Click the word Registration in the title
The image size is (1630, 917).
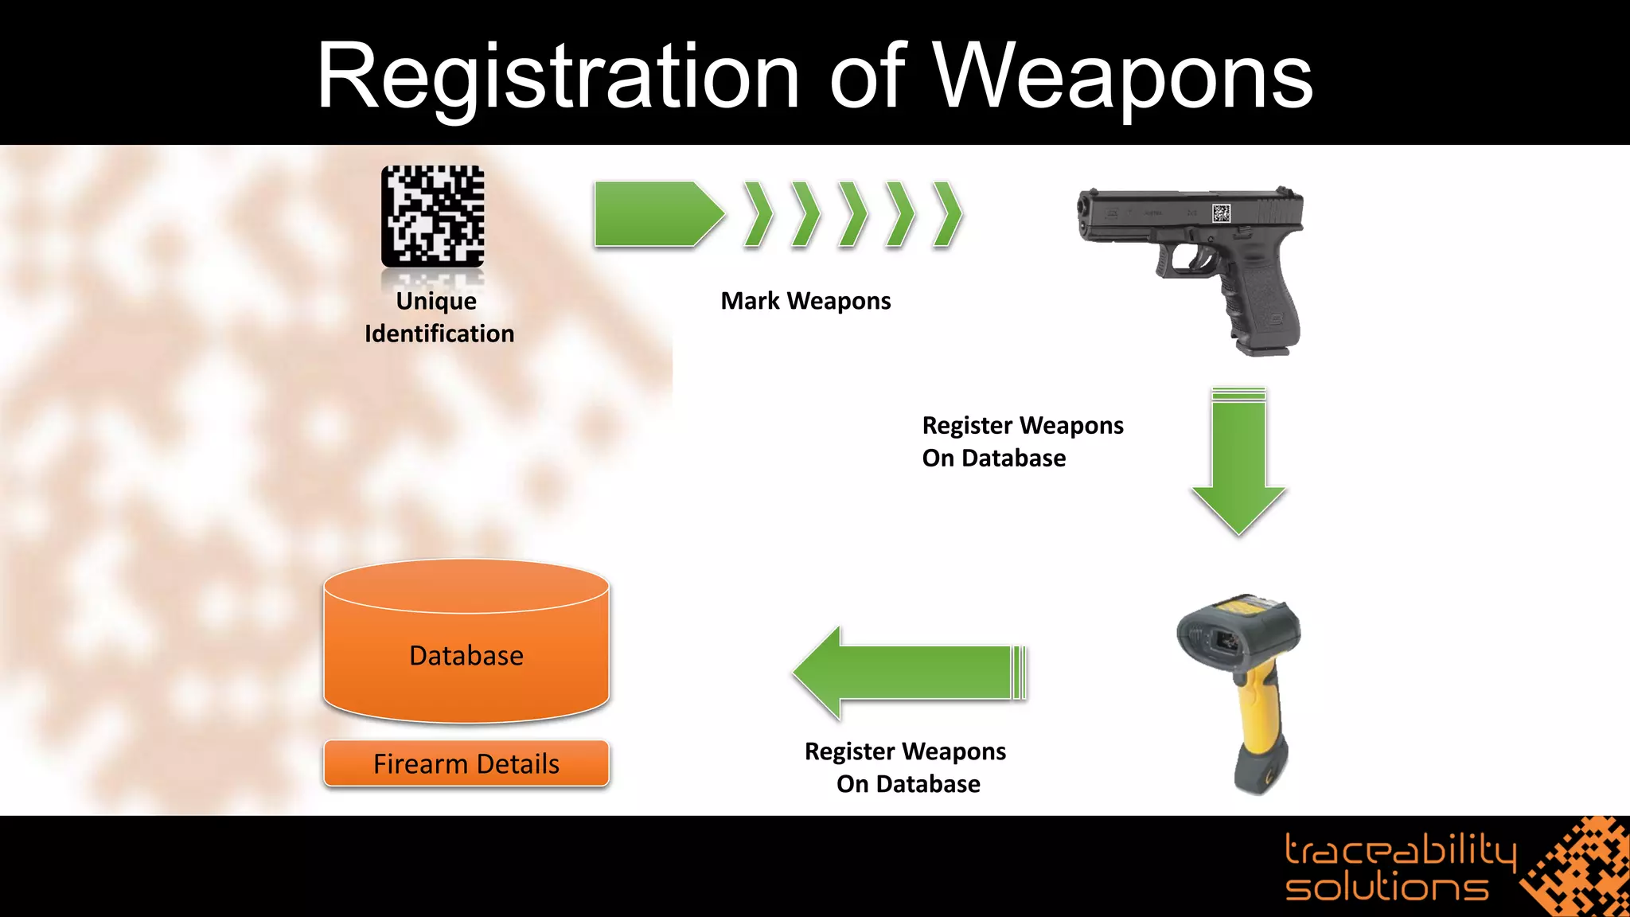(x=558, y=77)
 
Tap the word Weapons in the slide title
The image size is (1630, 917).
(x=1123, y=77)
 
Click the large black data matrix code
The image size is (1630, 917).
(x=433, y=217)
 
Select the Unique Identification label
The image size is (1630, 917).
(x=439, y=317)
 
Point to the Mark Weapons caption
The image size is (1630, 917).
(x=805, y=301)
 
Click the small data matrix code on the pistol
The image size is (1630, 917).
(x=1221, y=213)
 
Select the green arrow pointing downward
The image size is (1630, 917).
(x=1238, y=462)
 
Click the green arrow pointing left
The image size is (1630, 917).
(x=909, y=673)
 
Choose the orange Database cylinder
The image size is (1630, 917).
(x=466, y=642)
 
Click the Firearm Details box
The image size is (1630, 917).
(x=466, y=763)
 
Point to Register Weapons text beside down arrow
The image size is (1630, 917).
(x=1023, y=442)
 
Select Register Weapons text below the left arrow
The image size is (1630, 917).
(x=906, y=767)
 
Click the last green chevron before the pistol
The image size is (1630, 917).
(x=947, y=213)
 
